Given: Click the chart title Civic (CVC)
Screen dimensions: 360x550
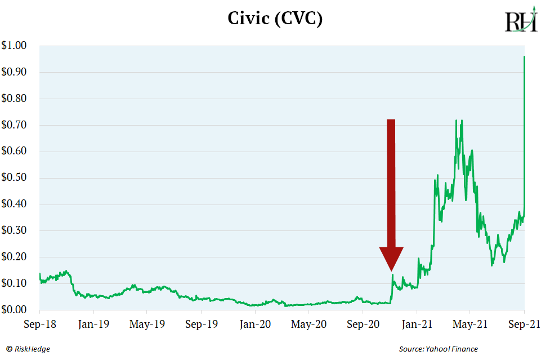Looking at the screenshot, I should pos(275,19).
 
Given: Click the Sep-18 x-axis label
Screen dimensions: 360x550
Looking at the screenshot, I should pos(39,325).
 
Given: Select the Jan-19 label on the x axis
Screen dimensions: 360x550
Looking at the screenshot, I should pos(93,325).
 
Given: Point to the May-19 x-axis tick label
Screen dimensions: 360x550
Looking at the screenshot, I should pos(147,325).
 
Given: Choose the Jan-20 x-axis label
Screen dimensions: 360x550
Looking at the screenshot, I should pos(255,325).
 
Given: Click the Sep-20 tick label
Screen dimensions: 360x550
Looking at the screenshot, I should pos(363,325).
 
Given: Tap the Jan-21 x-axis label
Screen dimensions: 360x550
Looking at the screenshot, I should pos(417,325).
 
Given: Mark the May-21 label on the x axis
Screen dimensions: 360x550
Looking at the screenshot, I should pos(469,325).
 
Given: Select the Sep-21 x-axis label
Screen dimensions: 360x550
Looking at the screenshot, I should pos(524,325).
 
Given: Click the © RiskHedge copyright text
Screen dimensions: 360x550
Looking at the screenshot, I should pos(28,349).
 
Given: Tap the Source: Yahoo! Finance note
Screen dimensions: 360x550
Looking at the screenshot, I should pos(438,349).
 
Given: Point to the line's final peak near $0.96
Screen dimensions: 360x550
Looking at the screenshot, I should pos(525,57).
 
